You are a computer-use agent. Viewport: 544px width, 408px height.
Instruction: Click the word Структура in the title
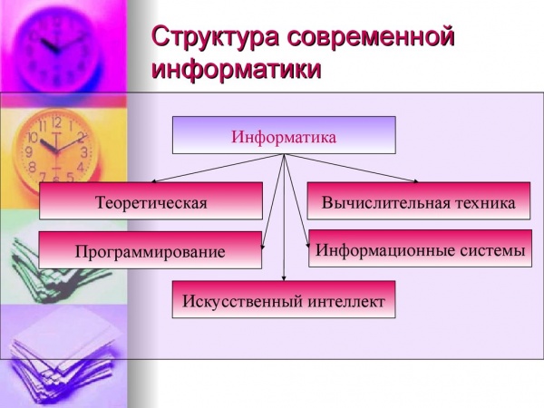tap(215, 36)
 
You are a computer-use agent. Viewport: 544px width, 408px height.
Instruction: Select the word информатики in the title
tap(237, 69)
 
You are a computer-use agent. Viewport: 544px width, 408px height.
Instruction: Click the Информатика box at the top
tap(284, 135)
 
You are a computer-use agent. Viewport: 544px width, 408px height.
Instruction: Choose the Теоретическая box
tap(151, 201)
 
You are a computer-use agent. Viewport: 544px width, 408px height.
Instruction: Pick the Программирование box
tap(151, 250)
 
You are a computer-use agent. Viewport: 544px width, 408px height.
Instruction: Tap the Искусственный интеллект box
tap(284, 299)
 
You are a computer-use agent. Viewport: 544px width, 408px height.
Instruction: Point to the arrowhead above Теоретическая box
tap(154, 180)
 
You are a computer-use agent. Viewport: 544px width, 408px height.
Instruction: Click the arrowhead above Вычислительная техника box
tap(415, 180)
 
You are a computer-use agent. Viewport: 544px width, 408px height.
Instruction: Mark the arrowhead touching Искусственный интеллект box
tap(284, 278)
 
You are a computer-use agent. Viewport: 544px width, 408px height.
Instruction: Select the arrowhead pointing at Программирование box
tap(263, 247)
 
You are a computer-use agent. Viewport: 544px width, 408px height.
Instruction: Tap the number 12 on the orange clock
tap(56, 122)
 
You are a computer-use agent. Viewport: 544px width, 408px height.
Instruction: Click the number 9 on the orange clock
tap(29, 151)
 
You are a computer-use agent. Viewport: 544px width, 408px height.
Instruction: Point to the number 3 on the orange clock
tap(84, 152)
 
